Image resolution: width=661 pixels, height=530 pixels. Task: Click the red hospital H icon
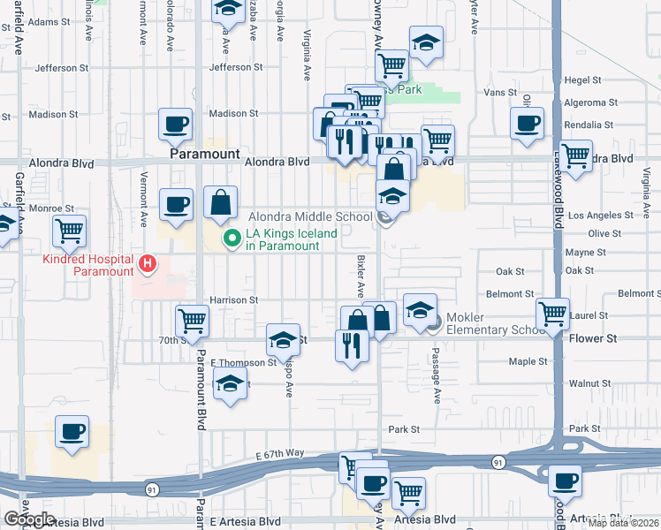click(148, 263)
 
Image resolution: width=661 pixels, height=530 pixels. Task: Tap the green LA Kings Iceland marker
click(233, 237)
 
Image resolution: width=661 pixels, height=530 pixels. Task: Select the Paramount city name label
click(204, 154)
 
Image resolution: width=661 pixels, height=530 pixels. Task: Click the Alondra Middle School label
click(309, 216)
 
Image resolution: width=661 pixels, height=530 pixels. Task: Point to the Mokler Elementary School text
click(495, 324)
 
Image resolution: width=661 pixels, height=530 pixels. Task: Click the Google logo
click(29, 519)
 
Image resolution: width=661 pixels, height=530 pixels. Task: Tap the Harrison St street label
click(232, 300)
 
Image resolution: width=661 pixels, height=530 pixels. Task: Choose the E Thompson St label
click(244, 363)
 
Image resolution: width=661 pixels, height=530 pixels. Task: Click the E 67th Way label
click(281, 453)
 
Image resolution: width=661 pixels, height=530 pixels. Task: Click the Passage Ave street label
click(435, 372)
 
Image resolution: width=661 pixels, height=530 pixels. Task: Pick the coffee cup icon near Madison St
click(175, 124)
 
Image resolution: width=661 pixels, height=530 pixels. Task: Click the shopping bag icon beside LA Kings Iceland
click(220, 202)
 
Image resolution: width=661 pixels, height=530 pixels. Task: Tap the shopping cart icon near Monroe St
click(69, 231)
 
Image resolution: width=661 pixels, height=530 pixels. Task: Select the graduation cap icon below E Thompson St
click(230, 384)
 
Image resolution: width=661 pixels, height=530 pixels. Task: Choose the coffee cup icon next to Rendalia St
click(528, 124)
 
